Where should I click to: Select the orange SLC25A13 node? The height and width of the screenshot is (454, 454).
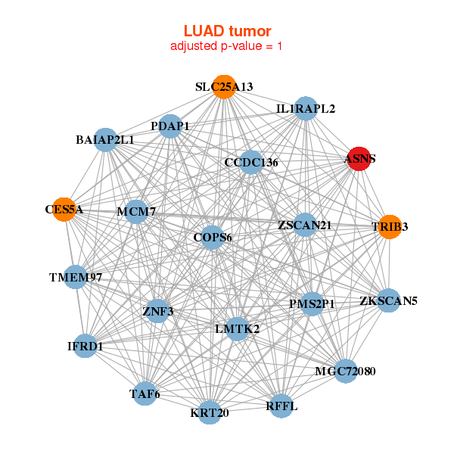coord(223,87)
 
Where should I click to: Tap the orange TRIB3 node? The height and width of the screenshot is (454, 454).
coord(389,226)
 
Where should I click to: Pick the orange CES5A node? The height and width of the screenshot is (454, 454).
coord(66,209)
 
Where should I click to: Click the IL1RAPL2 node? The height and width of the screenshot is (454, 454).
coord(305,109)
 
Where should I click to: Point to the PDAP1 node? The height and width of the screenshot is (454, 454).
coord(171,126)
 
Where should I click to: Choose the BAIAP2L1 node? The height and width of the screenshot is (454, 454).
coord(106,140)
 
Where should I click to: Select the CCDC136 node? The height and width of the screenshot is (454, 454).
coord(251,162)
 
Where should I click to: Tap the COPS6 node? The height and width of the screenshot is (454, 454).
coord(213,237)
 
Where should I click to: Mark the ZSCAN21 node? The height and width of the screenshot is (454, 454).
coord(305,225)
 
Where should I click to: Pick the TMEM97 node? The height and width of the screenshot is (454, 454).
coord(76,277)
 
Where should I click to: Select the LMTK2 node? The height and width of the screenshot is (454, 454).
coord(237,328)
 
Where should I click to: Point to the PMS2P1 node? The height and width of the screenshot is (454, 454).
coord(312,303)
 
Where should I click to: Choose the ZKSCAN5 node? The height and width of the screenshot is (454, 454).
coord(388,300)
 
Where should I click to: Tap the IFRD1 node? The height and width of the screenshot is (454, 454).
coord(86,346)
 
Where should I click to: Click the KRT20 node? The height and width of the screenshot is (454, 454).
coord(210,412)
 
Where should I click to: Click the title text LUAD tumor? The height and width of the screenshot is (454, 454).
coord(227,31)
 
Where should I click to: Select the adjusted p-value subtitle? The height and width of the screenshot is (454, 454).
coord(227,46)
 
